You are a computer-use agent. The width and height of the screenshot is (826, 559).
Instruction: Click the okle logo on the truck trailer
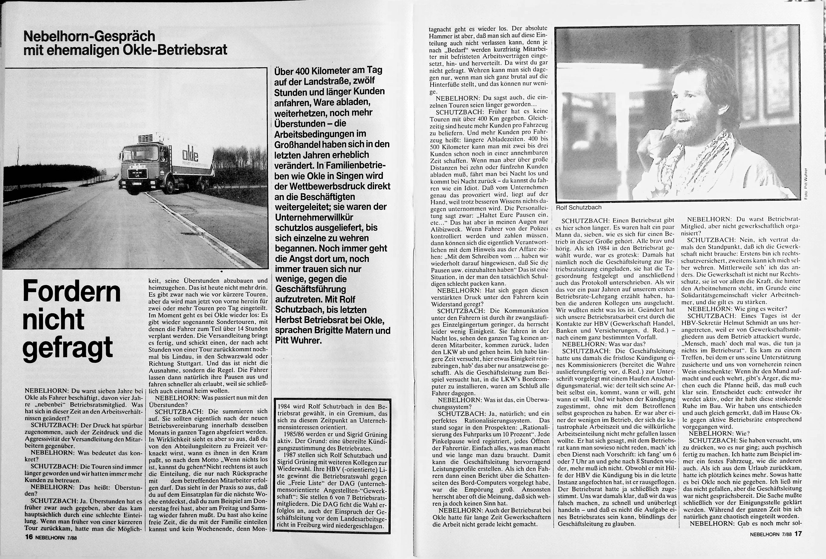click(190, 154)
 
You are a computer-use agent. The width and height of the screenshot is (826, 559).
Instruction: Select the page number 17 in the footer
click(798, 544)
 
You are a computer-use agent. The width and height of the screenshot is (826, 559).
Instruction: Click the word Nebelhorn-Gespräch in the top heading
click(89, 36)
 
